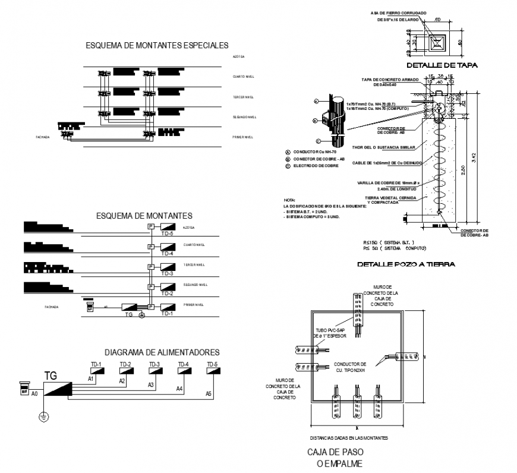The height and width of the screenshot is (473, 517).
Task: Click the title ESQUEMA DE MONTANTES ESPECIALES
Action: point(157,45)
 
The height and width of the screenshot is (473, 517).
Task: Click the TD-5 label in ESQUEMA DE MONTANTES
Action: point(167,234)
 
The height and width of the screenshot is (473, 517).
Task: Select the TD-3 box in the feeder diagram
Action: point(154,370)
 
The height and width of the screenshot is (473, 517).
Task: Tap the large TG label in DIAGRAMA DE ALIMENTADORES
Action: point(51,375)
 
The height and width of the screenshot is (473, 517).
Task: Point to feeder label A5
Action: point(208,394)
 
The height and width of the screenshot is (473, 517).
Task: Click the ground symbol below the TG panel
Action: point(43,418)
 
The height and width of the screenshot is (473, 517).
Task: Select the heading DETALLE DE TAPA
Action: point(442,65)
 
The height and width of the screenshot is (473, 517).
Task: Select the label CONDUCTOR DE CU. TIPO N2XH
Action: point(350,367)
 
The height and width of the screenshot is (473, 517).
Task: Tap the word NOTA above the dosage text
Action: point(289,200)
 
